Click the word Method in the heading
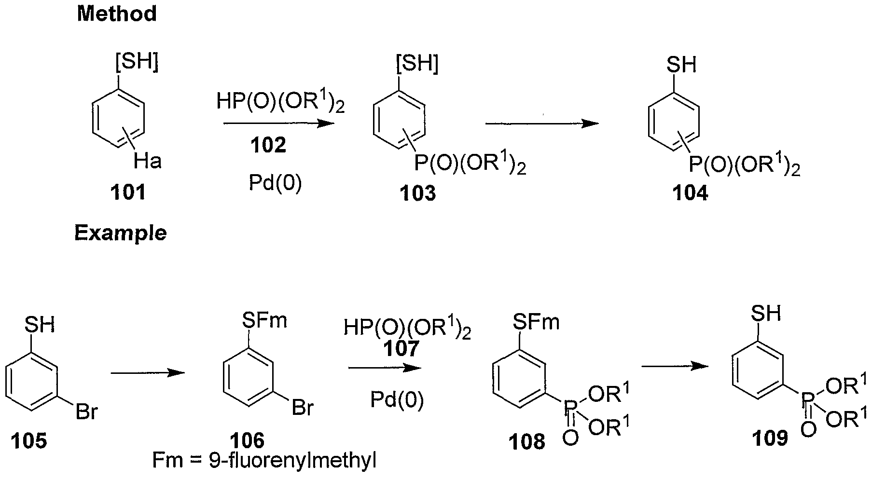pyautogui.click(x=117, y=14)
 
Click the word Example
pyautogui.click(x=120, y=233)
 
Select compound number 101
pyautogui.click(x=128, y=192)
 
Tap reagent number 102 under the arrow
pyautogui.click(x=268, y=145)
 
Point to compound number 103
pyautogui.click(x=417, y=193)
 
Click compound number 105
pyautogui.click(x=29, y=440)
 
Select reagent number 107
pyautogui.click(x=401, y=348)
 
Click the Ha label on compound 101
pyautogui.click(x=148, y=160)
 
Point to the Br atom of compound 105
pyautogui.click(x=86, y=412)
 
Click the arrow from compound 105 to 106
pyautogui.click(x=148, y=373)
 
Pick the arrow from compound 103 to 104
pyautogui.click(x=542, y=123)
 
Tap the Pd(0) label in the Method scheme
pyautogui.click(x=276, y=183)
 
